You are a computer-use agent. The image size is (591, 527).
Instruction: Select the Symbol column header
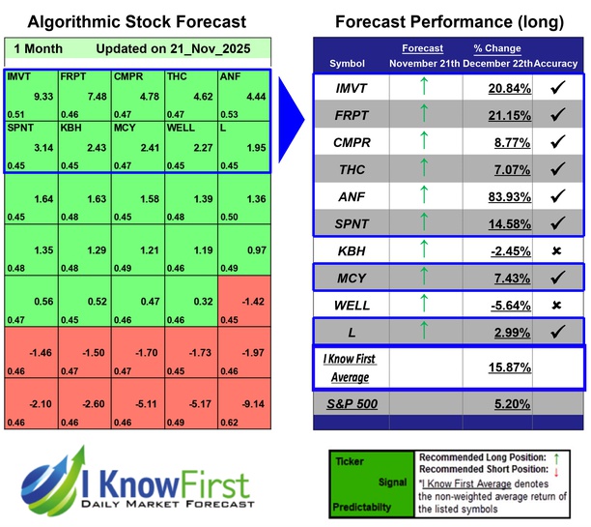pos(348,64)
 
